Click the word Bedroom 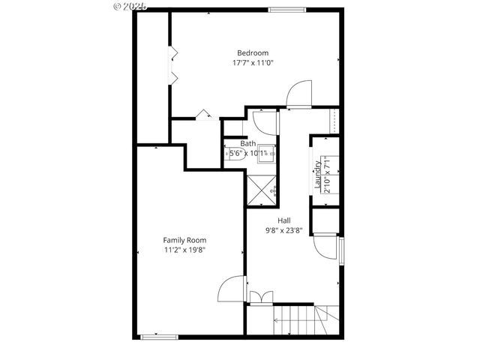[253, 52]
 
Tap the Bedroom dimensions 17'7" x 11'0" [253, 63]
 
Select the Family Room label [185, 240]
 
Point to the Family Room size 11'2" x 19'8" [185, 250]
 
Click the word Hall [284, 220]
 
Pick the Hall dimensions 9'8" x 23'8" [284, 230]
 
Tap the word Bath [248, 143]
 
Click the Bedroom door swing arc [298, 93]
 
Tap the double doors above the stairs [256, 298]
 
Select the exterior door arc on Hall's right [327, 247]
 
